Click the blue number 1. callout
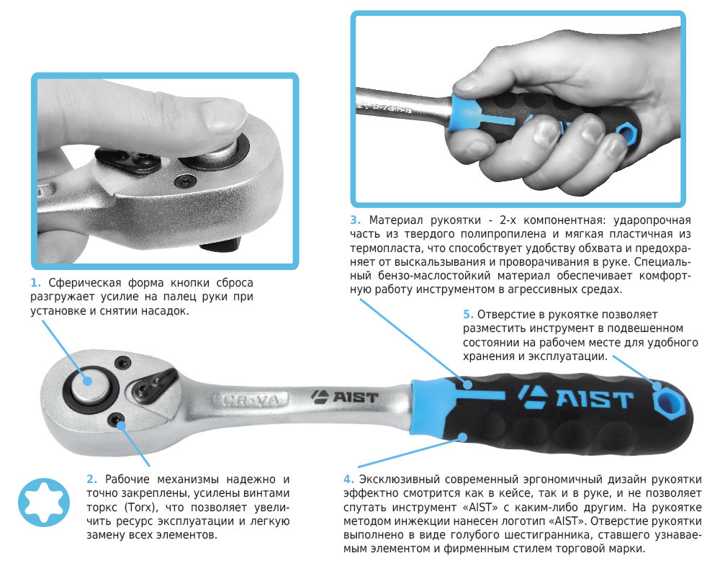point(35,282)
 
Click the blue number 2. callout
point(92,479)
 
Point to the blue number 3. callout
point(356,220)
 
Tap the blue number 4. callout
point(348,479)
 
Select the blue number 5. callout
point(468,314)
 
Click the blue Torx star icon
point(44,502)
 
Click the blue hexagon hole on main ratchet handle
point(667,402)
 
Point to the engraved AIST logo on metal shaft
point(344,397)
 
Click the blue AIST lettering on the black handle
point(576,397)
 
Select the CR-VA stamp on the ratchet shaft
point(251,400)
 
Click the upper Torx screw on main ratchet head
point(122,363)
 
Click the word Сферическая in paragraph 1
point(85,283)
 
